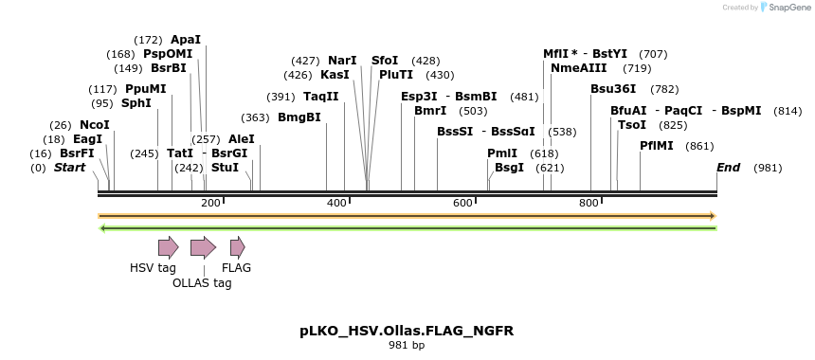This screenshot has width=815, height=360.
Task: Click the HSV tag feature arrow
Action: pos(168,248)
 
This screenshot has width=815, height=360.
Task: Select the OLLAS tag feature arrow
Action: pos(203,248)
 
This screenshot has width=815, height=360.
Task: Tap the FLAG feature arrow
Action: pos(237,248)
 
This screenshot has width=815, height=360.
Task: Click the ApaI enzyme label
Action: pos(186,40)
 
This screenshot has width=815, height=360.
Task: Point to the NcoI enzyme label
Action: pos(95,125)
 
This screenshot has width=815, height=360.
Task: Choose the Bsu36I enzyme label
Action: pos(613,89)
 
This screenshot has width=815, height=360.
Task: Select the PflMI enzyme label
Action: pos(657,146)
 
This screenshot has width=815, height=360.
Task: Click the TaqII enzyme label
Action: pos(320,97)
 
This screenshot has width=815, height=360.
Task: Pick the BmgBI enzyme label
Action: pos(299,117)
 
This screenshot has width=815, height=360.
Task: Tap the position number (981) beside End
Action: pos(769,168)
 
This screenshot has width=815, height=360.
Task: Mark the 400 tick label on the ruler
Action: pos(336,203)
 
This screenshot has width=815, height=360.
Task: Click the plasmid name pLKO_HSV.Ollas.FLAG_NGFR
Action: pos(407,332)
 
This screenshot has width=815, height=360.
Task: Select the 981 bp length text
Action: pos(407,346)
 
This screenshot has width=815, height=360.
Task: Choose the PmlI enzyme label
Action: pos(502,153)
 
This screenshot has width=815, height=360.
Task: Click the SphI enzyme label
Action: pos(136,103)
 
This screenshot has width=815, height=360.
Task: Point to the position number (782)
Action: pos(664,89)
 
